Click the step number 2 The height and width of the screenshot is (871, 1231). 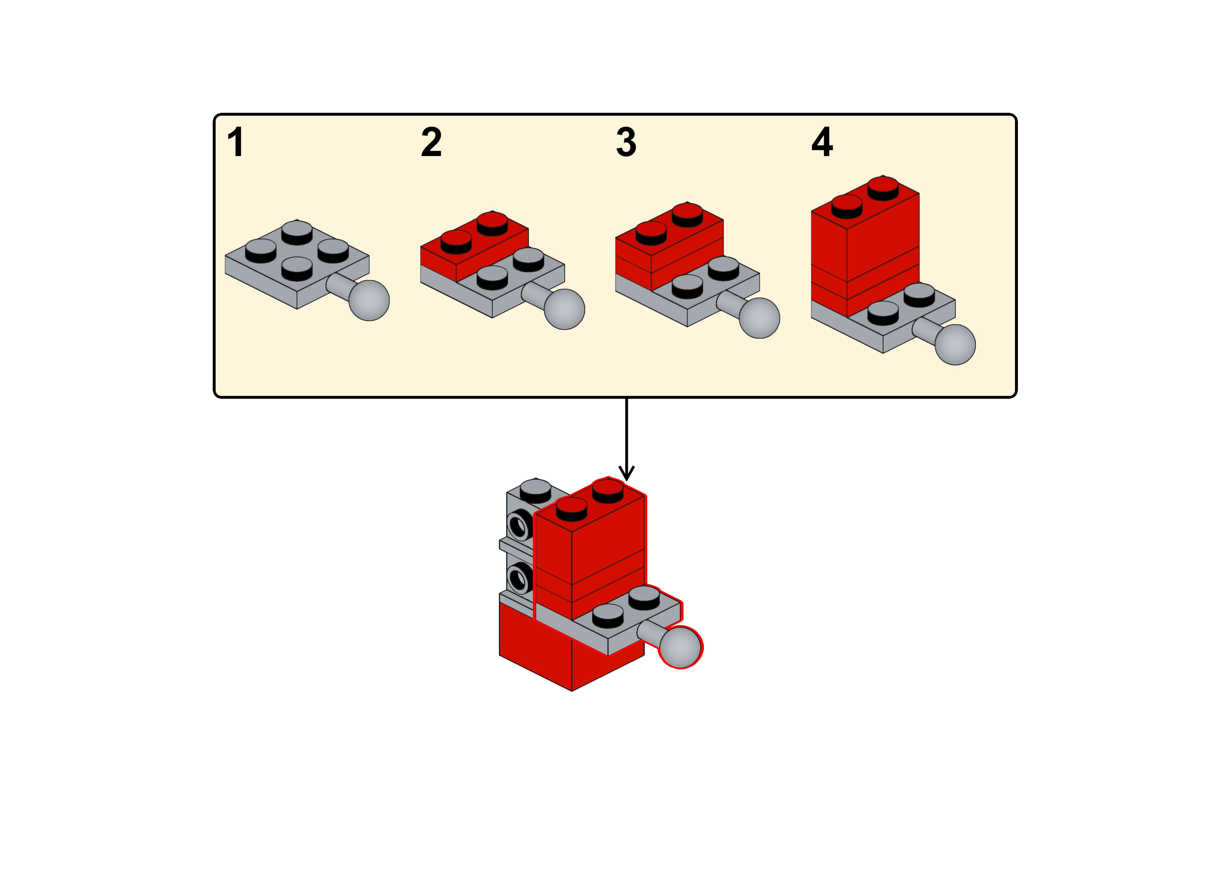pos(431,142)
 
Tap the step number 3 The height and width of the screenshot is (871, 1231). pos(626,142)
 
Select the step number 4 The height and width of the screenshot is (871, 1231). pos(822,142)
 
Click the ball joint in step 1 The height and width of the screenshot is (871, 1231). pos(369,300)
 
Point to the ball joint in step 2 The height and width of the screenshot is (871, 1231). pos(564,309)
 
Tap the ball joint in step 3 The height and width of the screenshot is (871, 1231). pos(759,317)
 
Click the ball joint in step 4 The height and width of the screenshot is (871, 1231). pos(955,344)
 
